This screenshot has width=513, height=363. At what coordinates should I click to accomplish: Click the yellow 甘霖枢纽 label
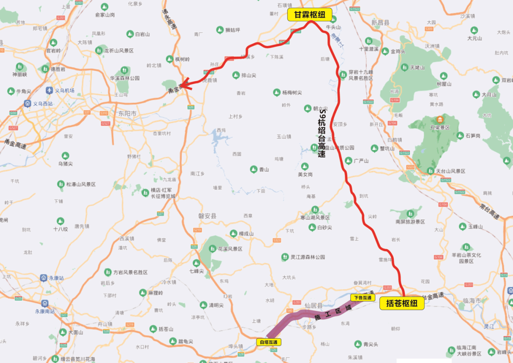point(310,15)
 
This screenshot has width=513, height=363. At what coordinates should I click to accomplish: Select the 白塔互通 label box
point(269,342)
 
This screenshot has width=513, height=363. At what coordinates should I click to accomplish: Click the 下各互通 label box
point(363,298)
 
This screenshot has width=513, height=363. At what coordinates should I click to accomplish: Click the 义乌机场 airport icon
point(49,90)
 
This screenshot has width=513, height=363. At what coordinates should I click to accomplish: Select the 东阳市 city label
point(127,114)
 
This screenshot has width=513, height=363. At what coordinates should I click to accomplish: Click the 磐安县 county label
point(207,215)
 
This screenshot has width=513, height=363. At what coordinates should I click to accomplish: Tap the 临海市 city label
point(472,301)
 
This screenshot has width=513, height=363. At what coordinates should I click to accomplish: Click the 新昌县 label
point(380,22)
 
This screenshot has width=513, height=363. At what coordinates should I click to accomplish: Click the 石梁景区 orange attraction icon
point(440,119)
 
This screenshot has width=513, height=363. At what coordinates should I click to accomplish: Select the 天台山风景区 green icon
point(430,171)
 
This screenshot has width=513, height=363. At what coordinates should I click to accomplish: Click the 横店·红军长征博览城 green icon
point(145,192)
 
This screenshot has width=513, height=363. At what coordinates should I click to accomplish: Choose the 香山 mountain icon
point(253,169)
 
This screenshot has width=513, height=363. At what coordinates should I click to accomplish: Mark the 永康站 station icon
point(43,278)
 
